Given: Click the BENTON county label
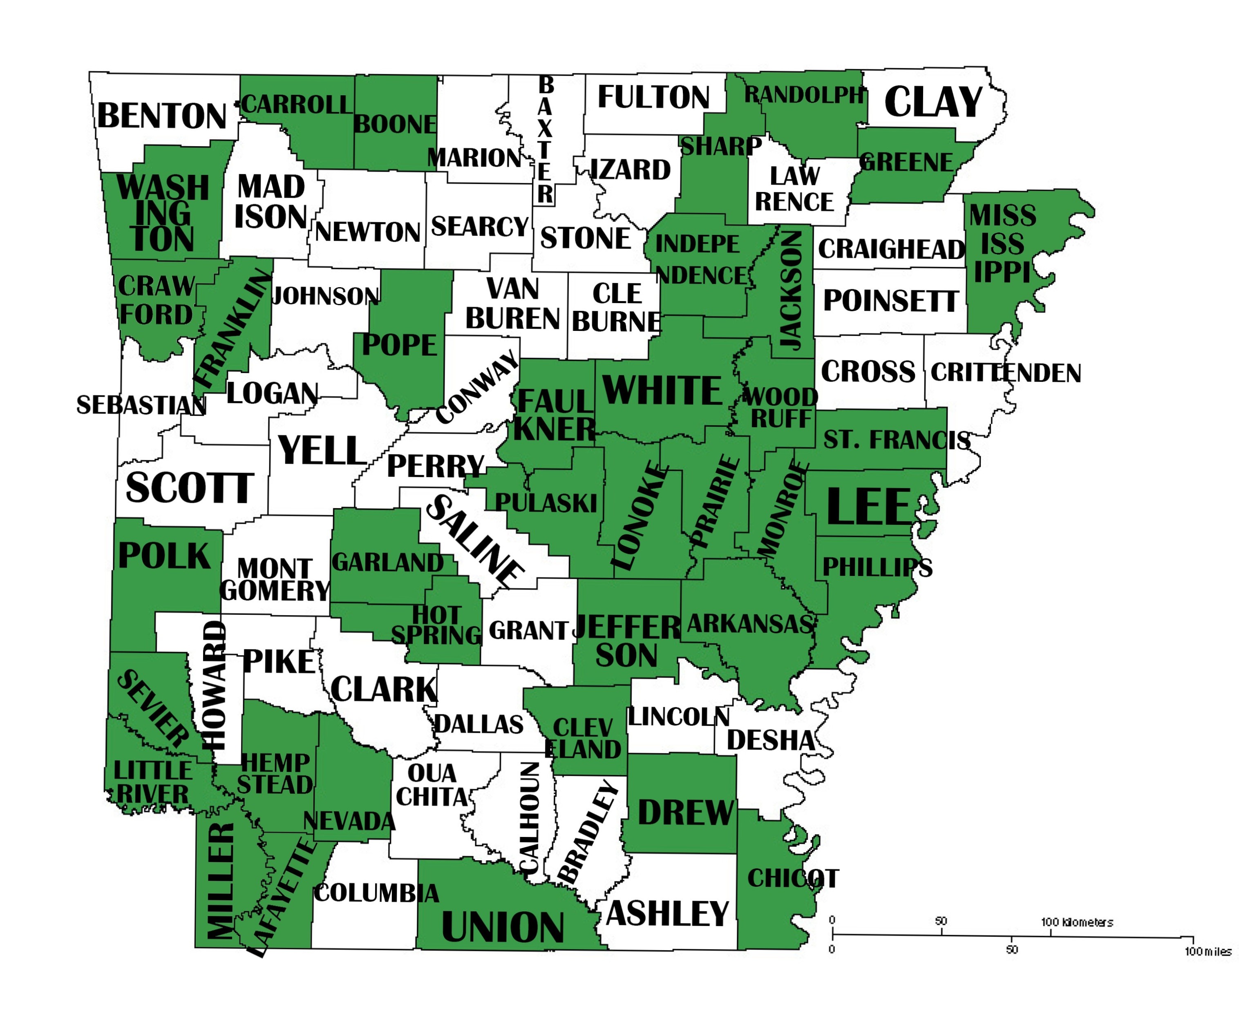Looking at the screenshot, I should pyautogui.click(x=162, y=116).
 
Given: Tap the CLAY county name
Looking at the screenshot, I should pyautogui.click(x=933, y=102).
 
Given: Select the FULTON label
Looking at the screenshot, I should pyautogui.click(x=653, y=97).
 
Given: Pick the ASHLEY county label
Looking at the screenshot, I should pyautogui.click(x=667, y=914).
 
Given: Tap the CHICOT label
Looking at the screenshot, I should pyautogui.click(x=792, y=879).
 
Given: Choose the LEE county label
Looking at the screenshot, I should pyautogui.click(x=868, y=507).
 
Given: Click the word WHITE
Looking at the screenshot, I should pyautogui.click(x=662, y=391).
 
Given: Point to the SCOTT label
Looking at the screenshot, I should pyautogui.click(x=189, y=489).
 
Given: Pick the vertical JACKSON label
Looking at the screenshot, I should pyautogui.click(x=791, y=289).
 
